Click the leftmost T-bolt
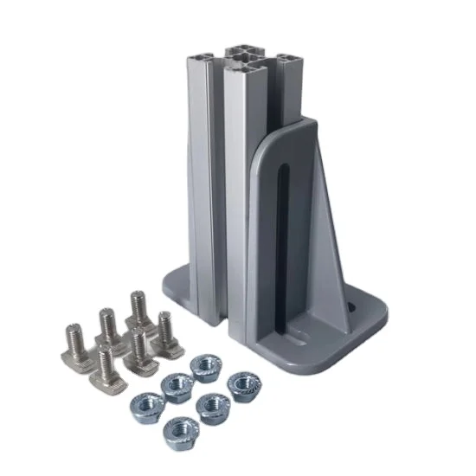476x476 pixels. (77, 344)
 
